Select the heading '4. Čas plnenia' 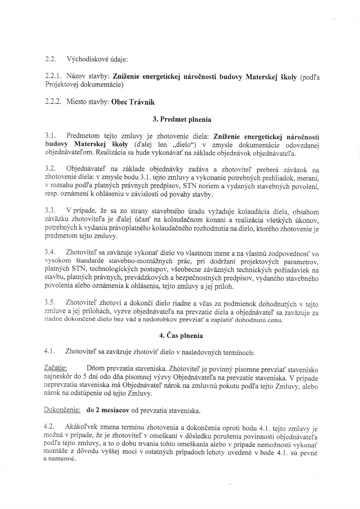pos(181,336)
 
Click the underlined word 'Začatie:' pos(55,368)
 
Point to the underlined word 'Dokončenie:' pos(62,410)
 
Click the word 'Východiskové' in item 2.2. pos(86,60)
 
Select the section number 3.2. pos(50,168)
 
